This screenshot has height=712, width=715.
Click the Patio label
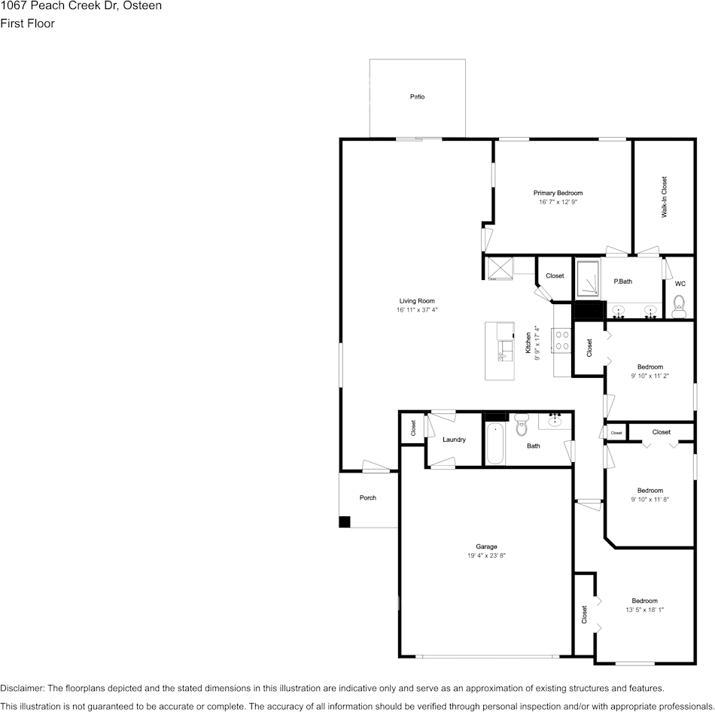click(x=417, y=96)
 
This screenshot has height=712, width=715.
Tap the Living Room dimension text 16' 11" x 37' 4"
click(x=417, y=310)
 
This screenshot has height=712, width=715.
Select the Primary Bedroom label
click(x=558, y=193)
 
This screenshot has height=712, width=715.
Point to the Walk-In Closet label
click(x=665, y=197)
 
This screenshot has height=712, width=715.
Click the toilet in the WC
click(x=680, y=306)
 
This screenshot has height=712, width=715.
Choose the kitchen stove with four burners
click(x=561, y=340)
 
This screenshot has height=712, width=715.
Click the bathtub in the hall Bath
click(x=494, y=444)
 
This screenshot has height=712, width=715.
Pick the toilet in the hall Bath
click(x=522, y=424)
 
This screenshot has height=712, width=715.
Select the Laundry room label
click(x=454, y=440)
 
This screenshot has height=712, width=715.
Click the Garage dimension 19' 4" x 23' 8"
click(x=486, y=555)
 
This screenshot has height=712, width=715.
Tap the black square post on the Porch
click(x=345, y=522)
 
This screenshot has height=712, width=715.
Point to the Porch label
click(x=368, y=497)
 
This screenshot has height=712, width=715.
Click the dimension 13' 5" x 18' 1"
click(x=645, y=610)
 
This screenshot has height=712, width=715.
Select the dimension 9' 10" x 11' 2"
click(x=650, y=376)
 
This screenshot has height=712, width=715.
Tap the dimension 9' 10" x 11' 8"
click(x=650, y=500)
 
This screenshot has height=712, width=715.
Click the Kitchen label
click(x=528, y=342)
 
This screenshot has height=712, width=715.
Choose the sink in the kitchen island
click(x=505, y=351)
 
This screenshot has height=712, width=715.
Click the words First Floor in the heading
click(x=27, y=23)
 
